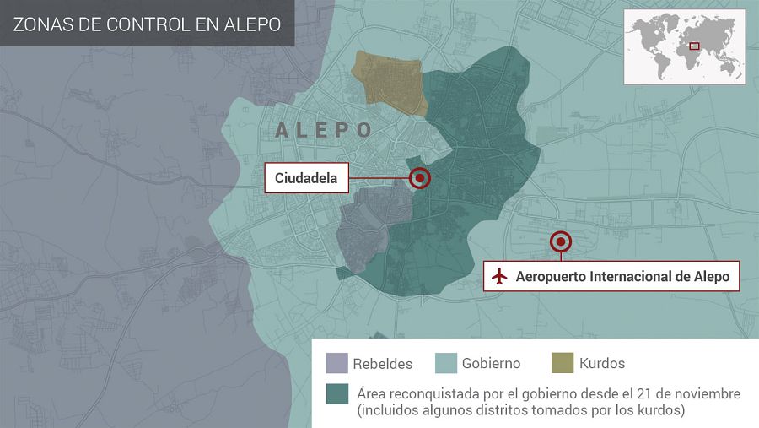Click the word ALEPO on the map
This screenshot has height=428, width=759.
324,130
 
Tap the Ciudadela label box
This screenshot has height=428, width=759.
306,178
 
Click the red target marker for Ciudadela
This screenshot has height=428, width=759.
419,178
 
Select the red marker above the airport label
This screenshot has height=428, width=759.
560,242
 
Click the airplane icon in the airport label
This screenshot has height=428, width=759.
499,276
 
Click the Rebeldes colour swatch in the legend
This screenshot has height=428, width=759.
337,363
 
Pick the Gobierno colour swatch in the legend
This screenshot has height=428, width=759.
446,363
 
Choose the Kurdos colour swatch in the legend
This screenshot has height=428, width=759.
562,363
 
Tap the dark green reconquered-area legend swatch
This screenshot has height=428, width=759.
337,395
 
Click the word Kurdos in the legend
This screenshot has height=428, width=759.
602,364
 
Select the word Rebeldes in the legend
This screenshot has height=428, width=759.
384,364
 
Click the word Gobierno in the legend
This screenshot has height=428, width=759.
491,364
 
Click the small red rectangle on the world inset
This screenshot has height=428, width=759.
694,46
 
